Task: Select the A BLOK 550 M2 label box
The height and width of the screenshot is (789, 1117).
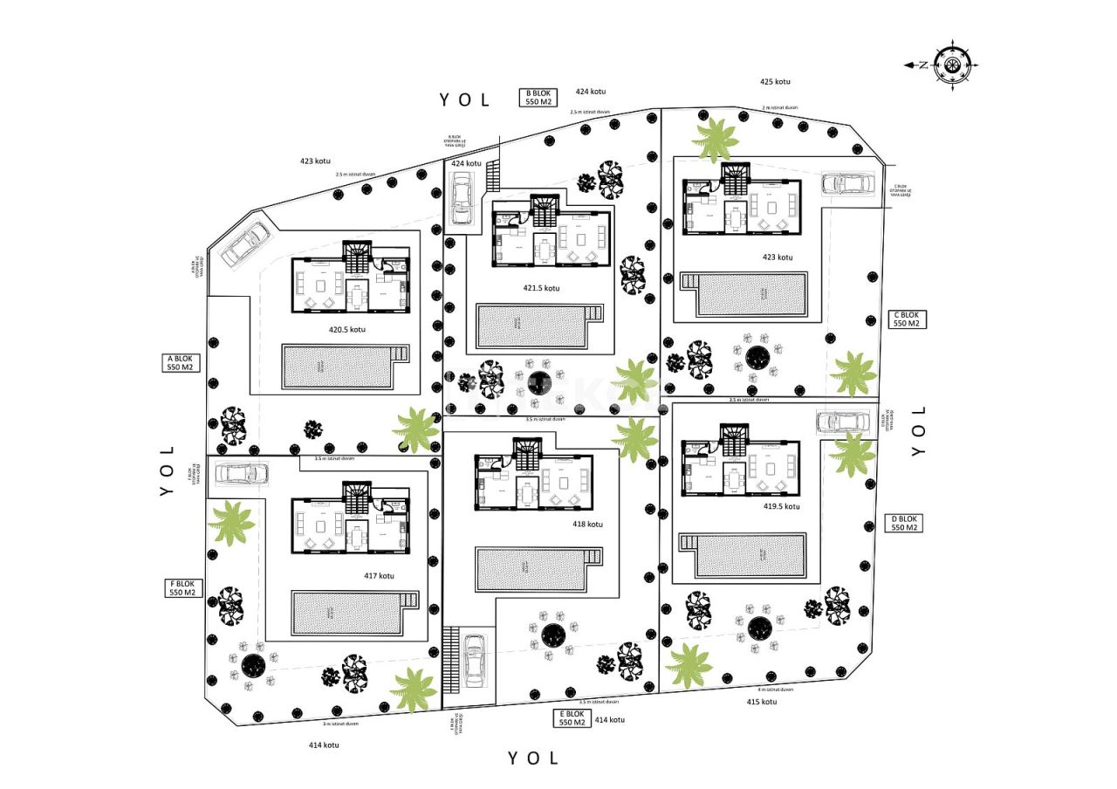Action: pos(179,362)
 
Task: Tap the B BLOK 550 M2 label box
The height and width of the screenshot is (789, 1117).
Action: pos(538,97)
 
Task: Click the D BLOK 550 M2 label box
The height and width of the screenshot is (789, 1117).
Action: pos(903,523)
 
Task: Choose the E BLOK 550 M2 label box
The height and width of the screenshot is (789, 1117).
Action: pos(571,718)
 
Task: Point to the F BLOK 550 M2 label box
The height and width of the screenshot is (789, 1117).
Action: pos(182,587)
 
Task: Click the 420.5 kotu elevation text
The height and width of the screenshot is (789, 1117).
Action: pos(346,330)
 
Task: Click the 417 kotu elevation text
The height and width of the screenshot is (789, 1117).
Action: pos(379,576)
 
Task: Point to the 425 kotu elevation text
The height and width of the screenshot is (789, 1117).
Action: pos(774,82)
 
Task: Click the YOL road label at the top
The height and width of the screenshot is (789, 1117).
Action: pos(465,100)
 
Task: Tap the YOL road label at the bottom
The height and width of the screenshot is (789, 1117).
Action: pos(532,758)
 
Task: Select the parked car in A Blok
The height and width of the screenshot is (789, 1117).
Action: pos(245,244)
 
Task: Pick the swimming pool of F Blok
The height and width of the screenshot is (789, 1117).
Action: pos(353,614)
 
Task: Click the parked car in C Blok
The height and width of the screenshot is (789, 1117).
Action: pos(848,183)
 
